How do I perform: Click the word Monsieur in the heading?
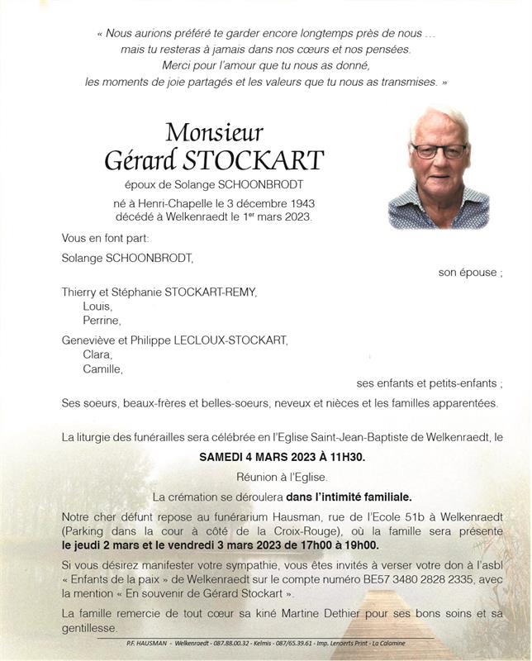pyautogui.click(x=214, y=132)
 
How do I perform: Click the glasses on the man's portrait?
pyautogui.click(x=439, y=151)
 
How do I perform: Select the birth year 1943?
pyautogui.click(x=298, y=203)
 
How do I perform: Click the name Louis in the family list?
pyautogui.click(x=97, y=306)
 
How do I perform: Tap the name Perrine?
pyautogui.click(x=102, y=321)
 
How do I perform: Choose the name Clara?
pyautogui.click(x=97, y=354)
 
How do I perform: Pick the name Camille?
pyautogui.click(x=102, y=369)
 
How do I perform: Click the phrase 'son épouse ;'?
pyautogui.click(x=470, y=273)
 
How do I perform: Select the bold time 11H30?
pyautogui.click(x=343, y=457)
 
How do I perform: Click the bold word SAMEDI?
pyautogui.click(x=224, y=457)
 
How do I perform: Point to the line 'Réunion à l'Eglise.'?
pyautogui.click(x=282, y=477)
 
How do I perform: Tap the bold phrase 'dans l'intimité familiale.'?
pyautogui.click(x=349, y=497)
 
